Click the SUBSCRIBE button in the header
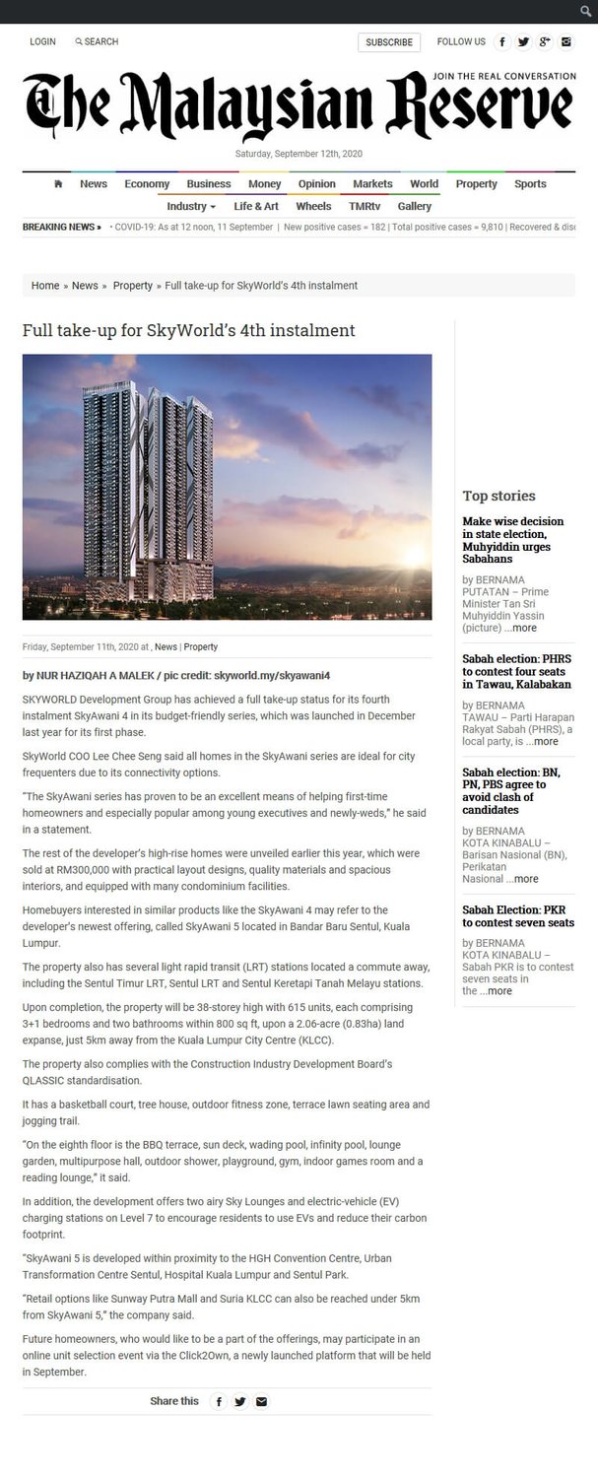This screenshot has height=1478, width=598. pyautogui.click(x=389, y=42)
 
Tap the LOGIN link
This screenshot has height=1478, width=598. pyautogui.click(x=42, y=42)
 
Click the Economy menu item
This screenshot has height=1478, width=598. pyautogui.click(x=147, y=184)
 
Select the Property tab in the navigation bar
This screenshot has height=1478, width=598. pyautogui.click(x=476, y=184)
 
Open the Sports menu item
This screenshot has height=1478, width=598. pyautogui.click(x=530, y=184)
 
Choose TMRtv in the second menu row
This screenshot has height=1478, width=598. pyautogui.click(x=365, y=207)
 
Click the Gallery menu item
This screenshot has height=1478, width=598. pyautogui.click(x=415, y=207)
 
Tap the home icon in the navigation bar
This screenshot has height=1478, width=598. pyautogui.click(x=58, y=184)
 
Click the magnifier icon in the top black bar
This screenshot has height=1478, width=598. pyautogui.click(x=585, y=12)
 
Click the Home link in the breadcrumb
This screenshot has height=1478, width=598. pyautogui.click(x=45, y=286)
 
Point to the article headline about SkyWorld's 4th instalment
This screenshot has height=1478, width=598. pyautogui.click(x=188, y=331)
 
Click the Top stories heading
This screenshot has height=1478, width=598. pyautogui.click(x=498, y=497)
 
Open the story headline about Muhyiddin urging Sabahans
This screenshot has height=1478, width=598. pyautogui.click(x=513, y=540)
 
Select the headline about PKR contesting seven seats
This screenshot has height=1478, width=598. pyautogui.click(x=518, y=916)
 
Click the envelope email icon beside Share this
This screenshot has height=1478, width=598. pyautogui.click(x=261, y=1401)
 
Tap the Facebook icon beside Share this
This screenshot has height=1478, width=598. pyautogui.click(x=219, y=1401)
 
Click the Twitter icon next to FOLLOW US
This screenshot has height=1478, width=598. pyautogui.click(x=523, y=42)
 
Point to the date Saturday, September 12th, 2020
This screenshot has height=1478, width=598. pyautogui.click(x=299, y=154)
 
